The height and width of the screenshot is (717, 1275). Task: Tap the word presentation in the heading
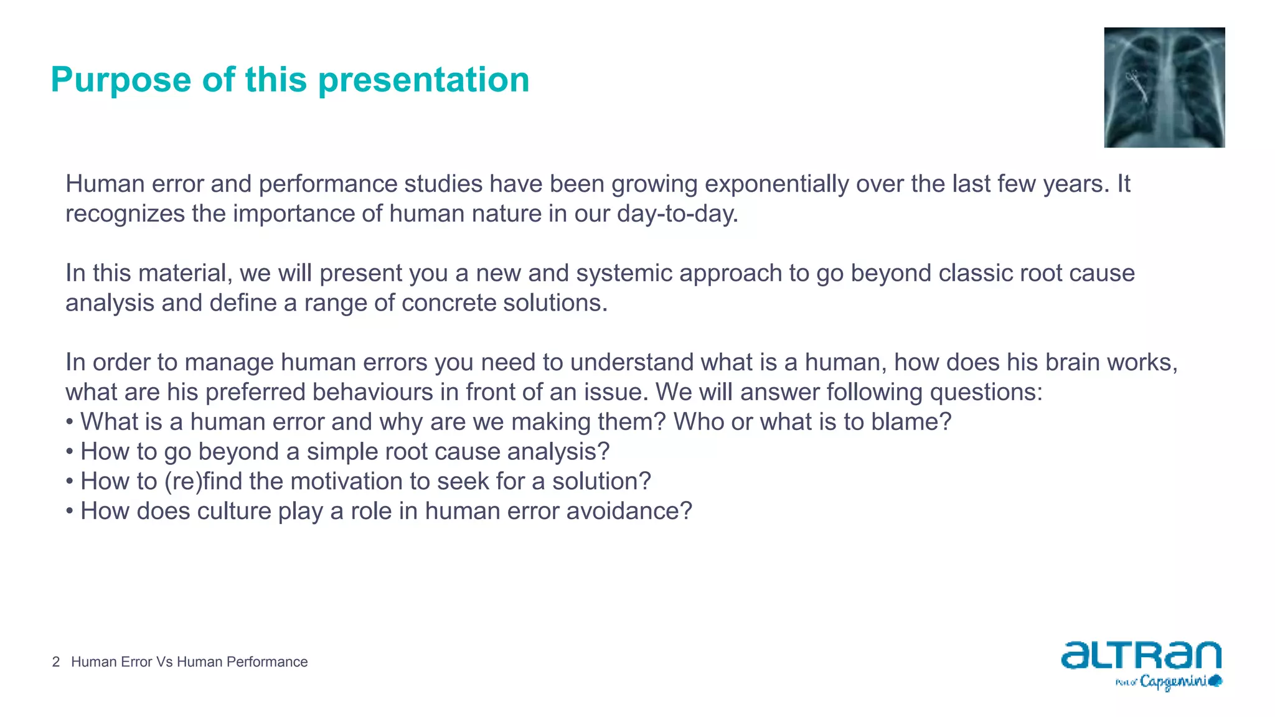tap(423, 80)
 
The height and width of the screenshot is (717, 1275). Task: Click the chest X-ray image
tap(1164, 87)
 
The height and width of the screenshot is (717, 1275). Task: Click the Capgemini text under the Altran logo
tap(1173, 682)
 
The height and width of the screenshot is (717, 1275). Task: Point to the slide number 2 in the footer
tap(56, 662)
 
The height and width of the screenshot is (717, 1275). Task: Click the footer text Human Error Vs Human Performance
tap(189, 662)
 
